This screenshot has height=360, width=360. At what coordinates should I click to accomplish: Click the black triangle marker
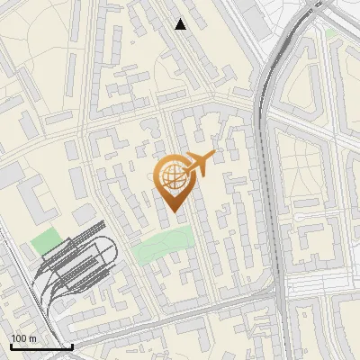181,24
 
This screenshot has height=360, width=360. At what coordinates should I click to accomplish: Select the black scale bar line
41,346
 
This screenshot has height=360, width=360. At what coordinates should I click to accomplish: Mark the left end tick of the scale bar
11,345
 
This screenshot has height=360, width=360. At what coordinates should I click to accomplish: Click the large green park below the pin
164,244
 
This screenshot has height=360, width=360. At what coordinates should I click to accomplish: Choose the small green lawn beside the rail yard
45,241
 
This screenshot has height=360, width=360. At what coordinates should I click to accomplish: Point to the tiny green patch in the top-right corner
331,33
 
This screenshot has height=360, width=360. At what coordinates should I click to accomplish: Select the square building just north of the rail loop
81,216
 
